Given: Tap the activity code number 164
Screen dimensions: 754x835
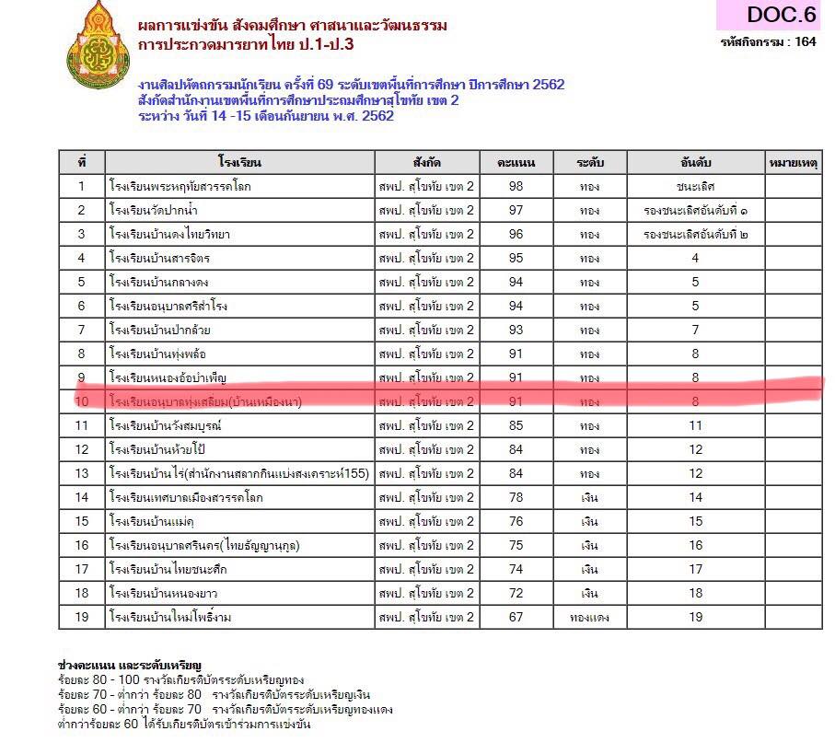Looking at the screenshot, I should [x=806, y=41].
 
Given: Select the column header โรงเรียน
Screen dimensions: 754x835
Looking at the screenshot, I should [x=240, y=163].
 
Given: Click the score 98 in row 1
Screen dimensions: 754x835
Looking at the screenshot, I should [x=516, y=187].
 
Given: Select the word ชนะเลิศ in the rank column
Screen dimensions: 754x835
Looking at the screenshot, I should [x=695, y=187].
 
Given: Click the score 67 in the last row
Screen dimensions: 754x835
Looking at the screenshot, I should [x=516, y=617].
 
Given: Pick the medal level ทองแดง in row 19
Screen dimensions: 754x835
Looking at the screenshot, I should [x=589, y=617].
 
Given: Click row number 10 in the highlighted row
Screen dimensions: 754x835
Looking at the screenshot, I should [x=82, y=401].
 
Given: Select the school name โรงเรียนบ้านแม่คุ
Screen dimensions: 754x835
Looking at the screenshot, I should [x=152, y=521].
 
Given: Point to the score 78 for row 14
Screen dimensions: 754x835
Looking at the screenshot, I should [x=516, y=497].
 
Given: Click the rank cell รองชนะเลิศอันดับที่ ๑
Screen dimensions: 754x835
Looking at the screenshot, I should [x=695, y=211].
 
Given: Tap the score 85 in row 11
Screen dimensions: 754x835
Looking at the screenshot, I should [x=516, y=425].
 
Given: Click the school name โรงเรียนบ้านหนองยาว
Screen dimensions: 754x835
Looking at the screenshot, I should [x=162, y=593].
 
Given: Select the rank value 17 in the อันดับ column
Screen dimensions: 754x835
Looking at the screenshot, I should [x=695, y=569].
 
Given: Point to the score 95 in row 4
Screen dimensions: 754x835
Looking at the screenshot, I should [x=516, y=259].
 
